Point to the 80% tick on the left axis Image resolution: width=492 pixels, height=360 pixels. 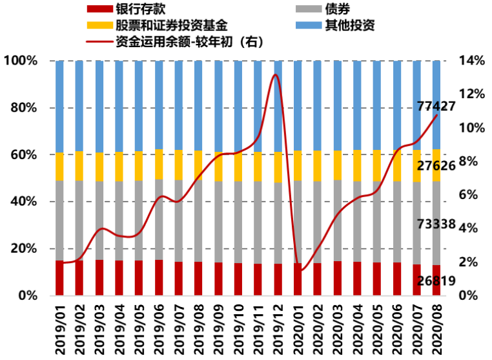click(x=24, y=108)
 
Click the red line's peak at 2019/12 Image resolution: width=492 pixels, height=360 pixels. click(x=275, y=74)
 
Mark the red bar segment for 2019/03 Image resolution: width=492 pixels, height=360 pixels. click(x=99, y=278)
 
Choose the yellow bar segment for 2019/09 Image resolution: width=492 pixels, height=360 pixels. click(x=218, y=167)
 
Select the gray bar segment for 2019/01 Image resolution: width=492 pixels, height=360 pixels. click(x=60, y=220)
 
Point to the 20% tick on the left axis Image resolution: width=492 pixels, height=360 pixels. click(x=24, y=249)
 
